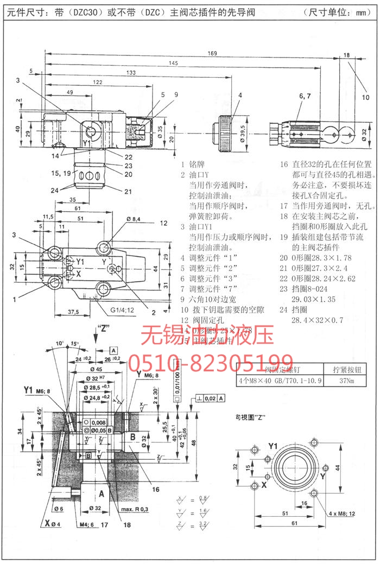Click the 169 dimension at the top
(212, 53)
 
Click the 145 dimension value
(173, 64)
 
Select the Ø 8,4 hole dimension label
(134, 219)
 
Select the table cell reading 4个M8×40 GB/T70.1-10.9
(280, 381)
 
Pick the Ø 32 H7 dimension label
(97, 379)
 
